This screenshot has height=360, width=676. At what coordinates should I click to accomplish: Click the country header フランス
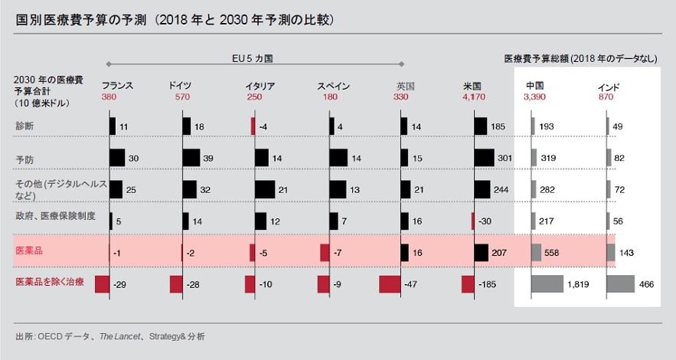pyautogui.click(x=117, y=86)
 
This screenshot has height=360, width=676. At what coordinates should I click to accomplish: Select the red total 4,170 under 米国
pyautogui.click(x=474, y=97)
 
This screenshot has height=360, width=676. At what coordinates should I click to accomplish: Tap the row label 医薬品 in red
pyautogui.click(x=28, y=250)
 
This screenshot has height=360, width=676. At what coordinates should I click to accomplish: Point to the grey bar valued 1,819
pyautogui.click(x=547, y=283)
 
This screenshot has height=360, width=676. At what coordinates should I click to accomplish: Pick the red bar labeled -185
pyautogui.click(x=468, y=284)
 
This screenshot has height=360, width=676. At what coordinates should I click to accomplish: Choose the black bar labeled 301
pyautogui.click(x=484, y=158)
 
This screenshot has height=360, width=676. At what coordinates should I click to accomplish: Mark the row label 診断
pyautogui.click(x=24, y=125)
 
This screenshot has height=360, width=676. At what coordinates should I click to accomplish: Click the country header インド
pyautogui.click(x=609, y=86)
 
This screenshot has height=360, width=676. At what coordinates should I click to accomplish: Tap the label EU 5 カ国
pyautogui.click(x=252, y=57)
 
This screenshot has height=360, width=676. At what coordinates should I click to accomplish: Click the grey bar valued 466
pyautogui.click(x=620, y=283)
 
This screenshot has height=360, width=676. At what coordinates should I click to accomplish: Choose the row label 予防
pyautogui.click(x=24, y=159)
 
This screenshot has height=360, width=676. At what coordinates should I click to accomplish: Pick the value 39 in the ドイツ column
pyautogui.click(x=208, y=158)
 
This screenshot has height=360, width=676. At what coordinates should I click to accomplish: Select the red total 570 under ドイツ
pyautogui.click(x=182, y=97)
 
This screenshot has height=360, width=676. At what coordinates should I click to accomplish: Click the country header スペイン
pyautogui.click(x=334, y=86)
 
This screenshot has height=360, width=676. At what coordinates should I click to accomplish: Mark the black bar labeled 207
pyautogui.click(x=481, y=252)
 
